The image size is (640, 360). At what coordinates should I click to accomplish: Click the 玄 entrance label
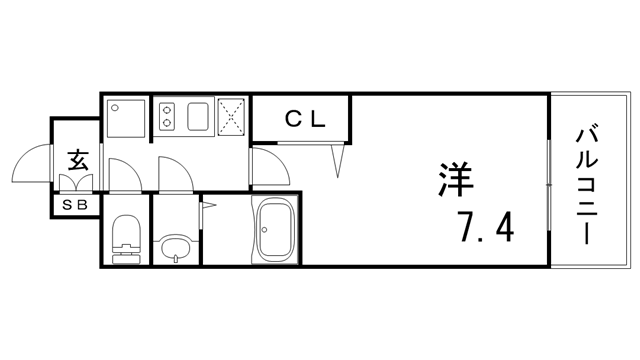point(76,158)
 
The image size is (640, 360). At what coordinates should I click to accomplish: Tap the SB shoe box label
point(76,205)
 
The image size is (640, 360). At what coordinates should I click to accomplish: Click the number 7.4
point(487,229)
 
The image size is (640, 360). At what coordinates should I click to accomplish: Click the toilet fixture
point(125,239)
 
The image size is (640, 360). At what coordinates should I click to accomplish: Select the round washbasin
point(174,246)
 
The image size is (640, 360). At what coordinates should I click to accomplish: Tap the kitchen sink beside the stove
point(198,117)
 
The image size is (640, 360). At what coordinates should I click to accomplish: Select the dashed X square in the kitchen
point(232,117)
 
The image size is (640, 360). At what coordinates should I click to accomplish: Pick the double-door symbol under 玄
point(77,183)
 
